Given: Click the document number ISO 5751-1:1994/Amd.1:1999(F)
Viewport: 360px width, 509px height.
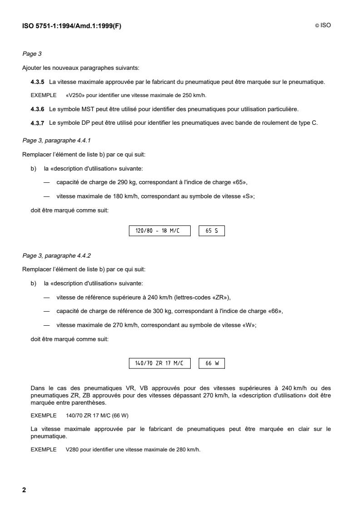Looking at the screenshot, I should point(72,25).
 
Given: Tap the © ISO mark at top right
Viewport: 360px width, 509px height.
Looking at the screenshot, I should point(323,25).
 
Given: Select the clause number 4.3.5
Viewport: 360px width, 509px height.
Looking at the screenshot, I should point(37,82).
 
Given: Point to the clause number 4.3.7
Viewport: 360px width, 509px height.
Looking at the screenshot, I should point(37,123).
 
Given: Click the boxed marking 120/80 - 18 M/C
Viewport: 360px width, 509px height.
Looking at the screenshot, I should point(160,231).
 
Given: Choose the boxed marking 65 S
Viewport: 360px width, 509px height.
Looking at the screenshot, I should point(212,231).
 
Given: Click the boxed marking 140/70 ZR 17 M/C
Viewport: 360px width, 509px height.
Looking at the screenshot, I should point(160,363).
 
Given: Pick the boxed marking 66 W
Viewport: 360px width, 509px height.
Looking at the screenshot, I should point(212,363).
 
